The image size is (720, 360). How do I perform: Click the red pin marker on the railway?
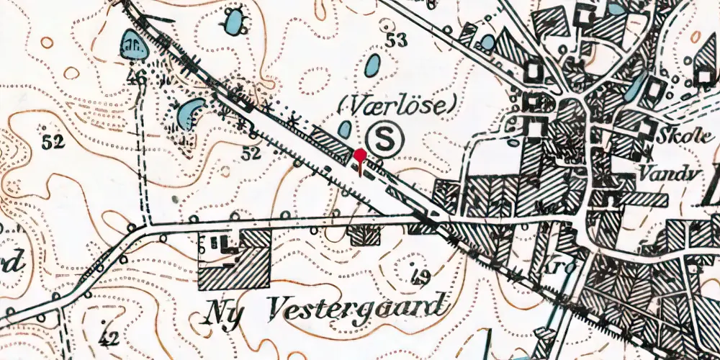tap(359, 156)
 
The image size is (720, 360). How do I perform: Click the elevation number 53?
tap(395, 41)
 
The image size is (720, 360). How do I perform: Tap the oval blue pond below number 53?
tap(372, 66)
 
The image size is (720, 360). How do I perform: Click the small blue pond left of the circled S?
tap(345, 130)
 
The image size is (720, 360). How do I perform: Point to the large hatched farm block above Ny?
tap(234, 267)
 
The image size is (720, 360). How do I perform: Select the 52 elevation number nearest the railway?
tap(251, 153)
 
